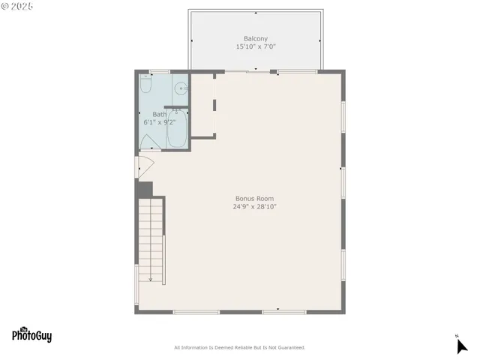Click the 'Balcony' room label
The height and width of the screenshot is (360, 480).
[x=255, y=39]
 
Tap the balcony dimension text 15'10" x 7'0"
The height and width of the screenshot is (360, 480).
[x=256, y=46]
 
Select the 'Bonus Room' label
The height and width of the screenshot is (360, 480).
[x=254, y=199]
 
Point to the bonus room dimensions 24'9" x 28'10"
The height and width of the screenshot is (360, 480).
[x=254, y=206]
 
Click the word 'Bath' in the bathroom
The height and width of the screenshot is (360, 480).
[x=159, y=114]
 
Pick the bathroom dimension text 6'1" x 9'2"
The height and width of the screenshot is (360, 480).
[x=160, y=121]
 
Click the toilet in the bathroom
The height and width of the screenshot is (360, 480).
[x=146, y=87]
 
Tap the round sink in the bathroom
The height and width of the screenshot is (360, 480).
[x=180, y=88]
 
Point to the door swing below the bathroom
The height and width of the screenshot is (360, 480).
[x=143, y=166]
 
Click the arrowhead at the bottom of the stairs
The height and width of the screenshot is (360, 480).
[x=150, y=280]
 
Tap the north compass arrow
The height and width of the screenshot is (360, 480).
[x=461, y=346]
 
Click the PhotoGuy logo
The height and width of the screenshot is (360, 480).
[x=31, y=336]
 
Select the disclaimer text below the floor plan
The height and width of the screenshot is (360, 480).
[x=239, y=347]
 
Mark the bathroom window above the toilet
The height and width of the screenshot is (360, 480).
[x=159, y=72]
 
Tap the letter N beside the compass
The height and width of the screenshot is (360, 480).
[x=456, y=335]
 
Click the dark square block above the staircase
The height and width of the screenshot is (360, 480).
[x=144, y=189]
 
